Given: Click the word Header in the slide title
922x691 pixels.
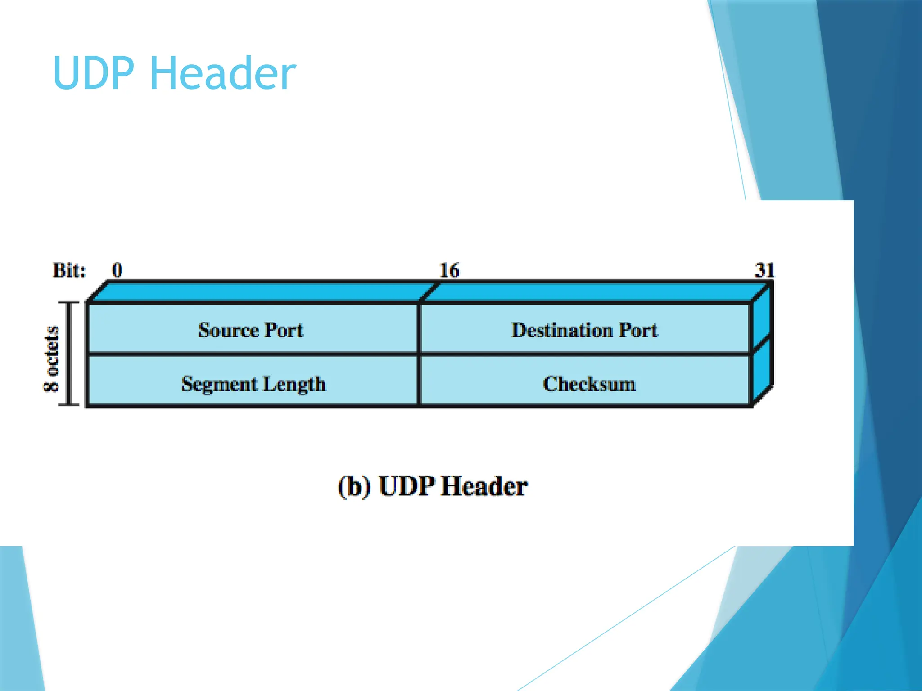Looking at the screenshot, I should (222, 73).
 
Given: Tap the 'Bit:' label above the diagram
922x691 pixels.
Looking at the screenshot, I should (69, 270).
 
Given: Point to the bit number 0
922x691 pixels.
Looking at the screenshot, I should (117, 270).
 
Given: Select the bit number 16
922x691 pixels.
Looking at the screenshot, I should (449, 270).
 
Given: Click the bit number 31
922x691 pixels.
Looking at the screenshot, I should (764, 270).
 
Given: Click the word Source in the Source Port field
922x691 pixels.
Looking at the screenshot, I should (228, 330).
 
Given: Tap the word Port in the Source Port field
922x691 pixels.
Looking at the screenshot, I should (284, 330).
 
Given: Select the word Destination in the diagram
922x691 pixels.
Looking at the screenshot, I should (562, 330).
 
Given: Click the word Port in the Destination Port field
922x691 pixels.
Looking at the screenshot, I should (638, 330).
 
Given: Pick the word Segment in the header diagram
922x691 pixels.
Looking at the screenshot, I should (219, 385).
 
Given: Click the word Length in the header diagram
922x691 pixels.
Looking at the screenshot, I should (294, 385).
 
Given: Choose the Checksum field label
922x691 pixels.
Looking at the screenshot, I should (589, 384).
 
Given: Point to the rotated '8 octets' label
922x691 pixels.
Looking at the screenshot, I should (51, 359).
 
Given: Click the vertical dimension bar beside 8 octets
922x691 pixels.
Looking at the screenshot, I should (69, 354).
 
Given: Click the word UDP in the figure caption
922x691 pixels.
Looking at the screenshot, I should (407, 486).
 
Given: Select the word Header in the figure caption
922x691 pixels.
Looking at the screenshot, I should (484, 486).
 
